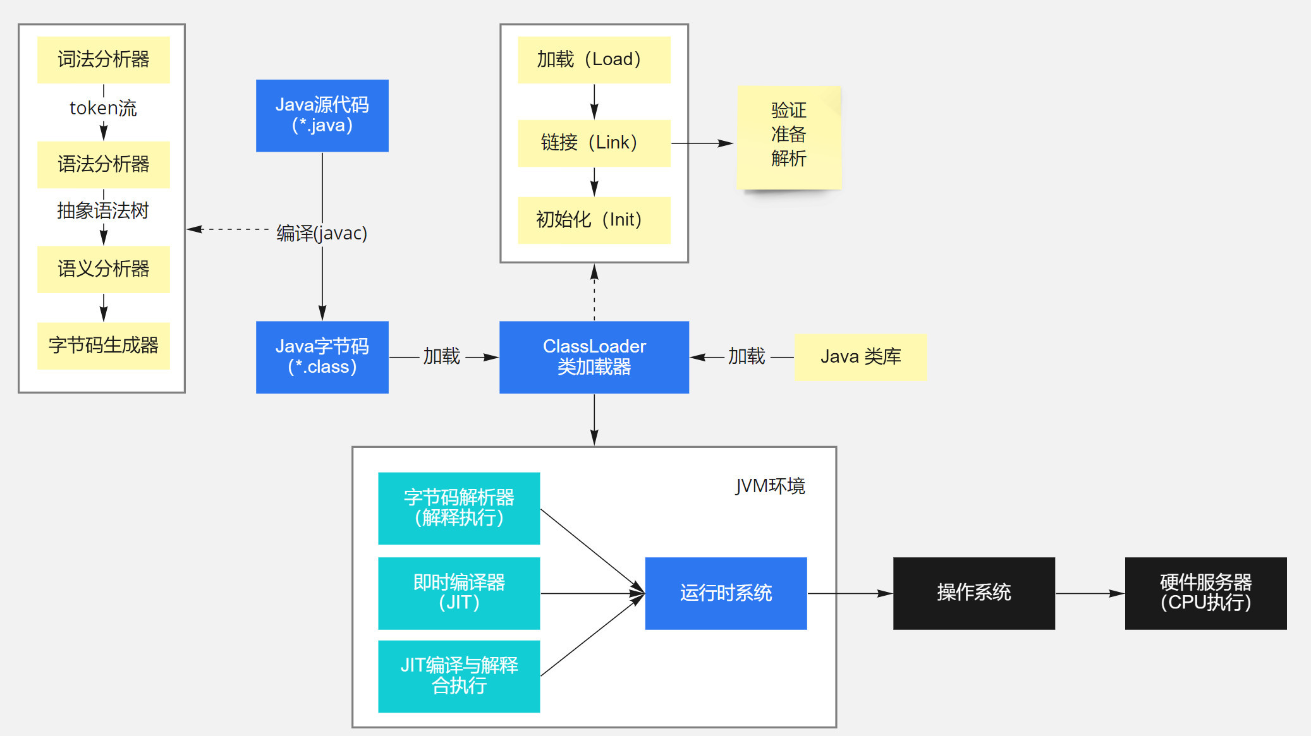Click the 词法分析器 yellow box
103,59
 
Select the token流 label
103,108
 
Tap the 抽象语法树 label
103,210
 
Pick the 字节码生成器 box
103,346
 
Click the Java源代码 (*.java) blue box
322,115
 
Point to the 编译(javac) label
322,233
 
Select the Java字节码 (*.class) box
322,357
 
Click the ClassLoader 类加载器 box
594,357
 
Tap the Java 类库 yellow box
860,357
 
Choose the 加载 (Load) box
594,59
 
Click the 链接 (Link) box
594,143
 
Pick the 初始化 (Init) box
594,220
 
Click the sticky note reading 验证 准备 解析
788,136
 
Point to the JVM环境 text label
770,486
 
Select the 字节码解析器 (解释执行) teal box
459,508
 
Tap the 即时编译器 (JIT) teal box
459,593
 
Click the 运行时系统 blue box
726,593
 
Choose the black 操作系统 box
973,593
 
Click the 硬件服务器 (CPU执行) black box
1205,593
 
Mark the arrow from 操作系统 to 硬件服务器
1090,593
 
